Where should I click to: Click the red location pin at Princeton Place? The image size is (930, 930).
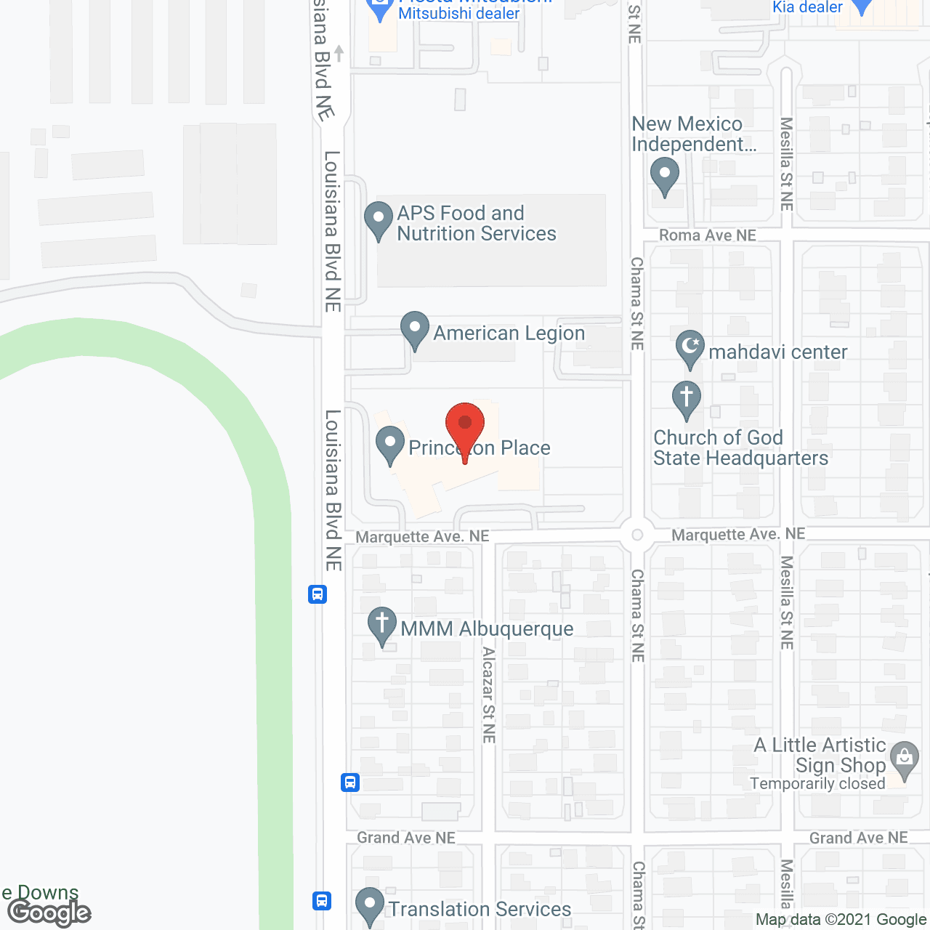[x=465, y=424]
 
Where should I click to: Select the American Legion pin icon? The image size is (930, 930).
[x=415, y=329]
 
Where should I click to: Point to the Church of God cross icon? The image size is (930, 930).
[x=687, y=399]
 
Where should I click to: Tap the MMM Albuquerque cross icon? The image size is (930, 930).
[x=382, y=624]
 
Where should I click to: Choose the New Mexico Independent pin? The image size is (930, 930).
[x=664, y=176]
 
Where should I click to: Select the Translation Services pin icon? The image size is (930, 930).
[x=370, y=905]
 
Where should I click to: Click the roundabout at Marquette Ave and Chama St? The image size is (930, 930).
[x=637, y=535]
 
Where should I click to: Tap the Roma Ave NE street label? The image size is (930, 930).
[x=707, y=235]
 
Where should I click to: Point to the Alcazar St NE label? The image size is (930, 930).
[x=489, y=695]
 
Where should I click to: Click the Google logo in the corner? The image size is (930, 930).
[x=49, y=913]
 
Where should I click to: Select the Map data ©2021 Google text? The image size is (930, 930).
[x=841, y=920]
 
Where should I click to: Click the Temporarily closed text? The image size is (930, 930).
[x=817, y=783]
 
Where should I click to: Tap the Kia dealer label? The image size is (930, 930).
[x=807, y=7]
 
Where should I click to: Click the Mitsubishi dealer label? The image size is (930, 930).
[x=459, y=13]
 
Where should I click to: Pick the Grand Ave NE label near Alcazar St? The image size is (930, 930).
[x=406, y=838]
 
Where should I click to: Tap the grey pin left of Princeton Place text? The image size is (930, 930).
[x=390, y=444]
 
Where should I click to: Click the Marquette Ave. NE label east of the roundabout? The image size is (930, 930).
[x=738, y=535]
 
